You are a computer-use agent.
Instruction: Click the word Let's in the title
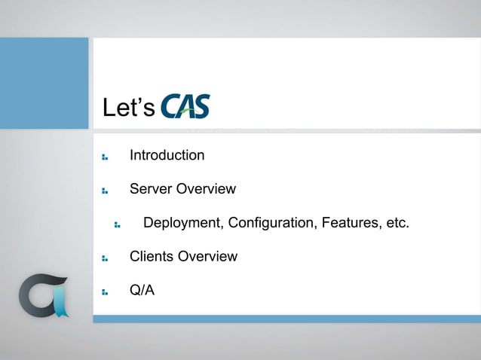tap(129, 108)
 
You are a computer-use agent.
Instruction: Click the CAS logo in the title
tap(185, 106)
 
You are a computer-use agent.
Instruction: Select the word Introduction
tap(167, 155)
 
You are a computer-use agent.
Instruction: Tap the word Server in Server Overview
tap(150, 188)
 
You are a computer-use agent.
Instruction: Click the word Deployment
tap(182, 223)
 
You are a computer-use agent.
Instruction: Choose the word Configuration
tap(272, 223)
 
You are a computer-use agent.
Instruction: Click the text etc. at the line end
tap(394, 223)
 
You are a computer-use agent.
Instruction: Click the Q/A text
tap(142, 289)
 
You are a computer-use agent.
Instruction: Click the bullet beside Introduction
tap(105, 157)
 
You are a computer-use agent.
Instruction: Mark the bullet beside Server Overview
tap(105, 191)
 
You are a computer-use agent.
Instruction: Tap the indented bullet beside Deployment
tap(118, 224)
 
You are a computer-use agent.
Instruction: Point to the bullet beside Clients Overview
tap(105, 258)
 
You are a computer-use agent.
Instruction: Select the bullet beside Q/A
tap(105, 291)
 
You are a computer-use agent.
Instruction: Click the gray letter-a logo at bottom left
tap(41, 296)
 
